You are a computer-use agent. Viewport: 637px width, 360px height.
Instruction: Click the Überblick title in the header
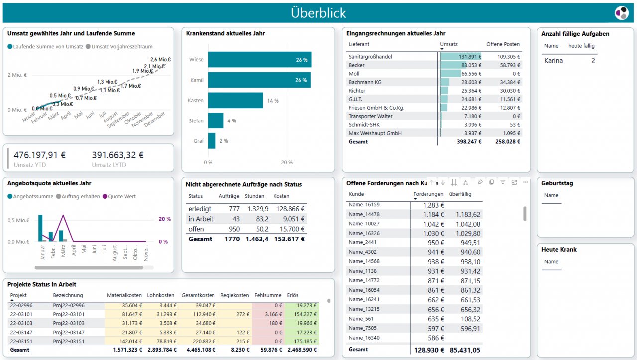(318, 13)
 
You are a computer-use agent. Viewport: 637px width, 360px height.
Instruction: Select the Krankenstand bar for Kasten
(235, 100)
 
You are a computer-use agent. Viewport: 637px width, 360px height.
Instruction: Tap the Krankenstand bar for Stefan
(215, 120)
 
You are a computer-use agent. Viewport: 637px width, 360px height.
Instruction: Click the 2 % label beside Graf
(223, 141)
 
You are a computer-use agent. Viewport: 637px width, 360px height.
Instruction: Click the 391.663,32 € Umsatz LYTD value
(117, 155)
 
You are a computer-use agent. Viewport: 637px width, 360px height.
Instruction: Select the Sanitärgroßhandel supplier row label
(370, 57)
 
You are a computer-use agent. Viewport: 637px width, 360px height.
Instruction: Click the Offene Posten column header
(503, 44)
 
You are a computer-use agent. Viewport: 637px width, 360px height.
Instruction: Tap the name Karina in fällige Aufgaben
(553, 61)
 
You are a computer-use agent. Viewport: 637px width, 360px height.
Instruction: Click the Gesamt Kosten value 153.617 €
(289, 239)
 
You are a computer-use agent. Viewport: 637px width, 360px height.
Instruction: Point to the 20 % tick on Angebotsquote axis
(164, 219)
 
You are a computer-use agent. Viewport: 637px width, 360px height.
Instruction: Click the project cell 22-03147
(21, 332)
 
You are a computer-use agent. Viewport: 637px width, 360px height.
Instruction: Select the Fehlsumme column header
(267, 295)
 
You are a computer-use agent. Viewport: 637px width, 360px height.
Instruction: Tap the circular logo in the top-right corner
(621, 13)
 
